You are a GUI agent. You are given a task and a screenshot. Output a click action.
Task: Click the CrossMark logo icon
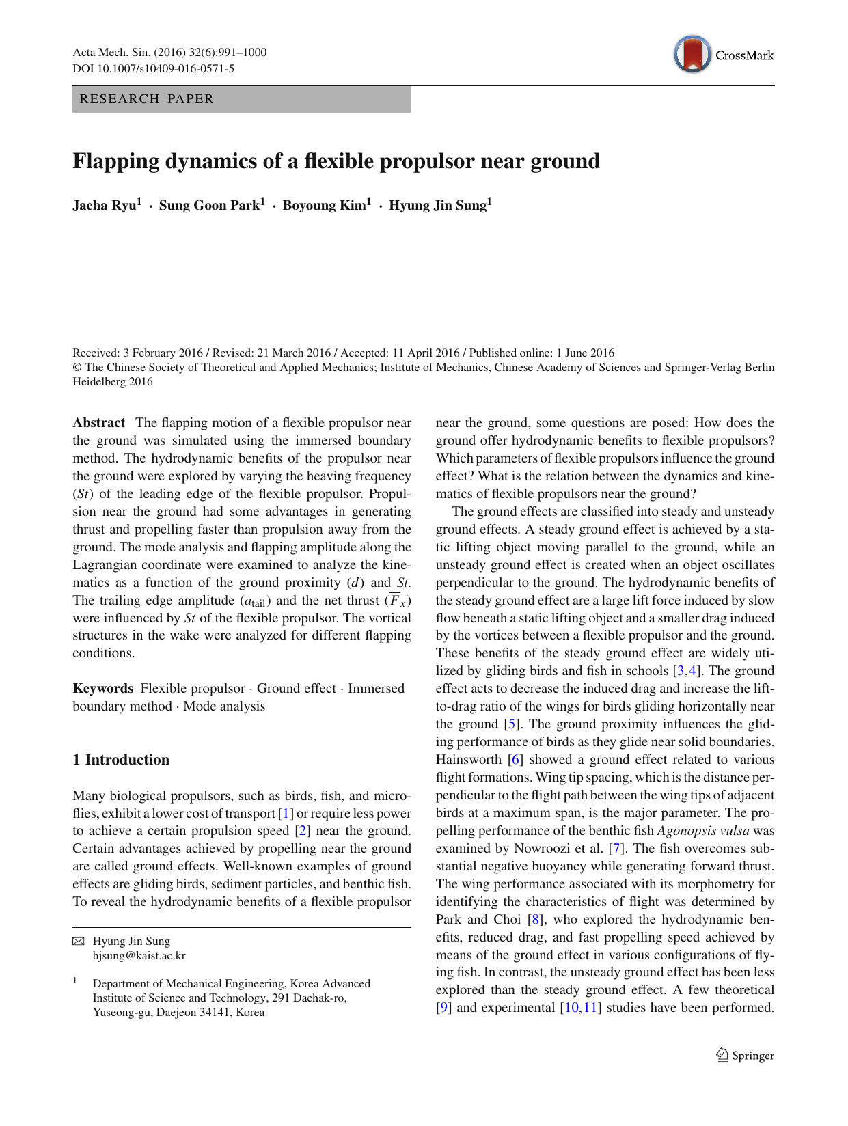[692, 55]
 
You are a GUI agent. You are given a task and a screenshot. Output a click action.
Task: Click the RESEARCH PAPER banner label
[147, 99]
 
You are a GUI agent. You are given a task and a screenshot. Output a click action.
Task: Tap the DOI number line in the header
[153, 68]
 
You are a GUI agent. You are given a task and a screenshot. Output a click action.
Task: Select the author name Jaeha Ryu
[106, 206]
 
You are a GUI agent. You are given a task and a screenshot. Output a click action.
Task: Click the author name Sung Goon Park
[210, 206]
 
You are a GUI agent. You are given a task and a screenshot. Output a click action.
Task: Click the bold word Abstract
[99, 423]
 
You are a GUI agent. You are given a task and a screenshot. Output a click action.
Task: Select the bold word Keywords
[103, 689]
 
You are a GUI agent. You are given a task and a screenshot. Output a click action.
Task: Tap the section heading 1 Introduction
[121, 760]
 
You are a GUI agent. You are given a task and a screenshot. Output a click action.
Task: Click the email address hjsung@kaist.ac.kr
[139, 956]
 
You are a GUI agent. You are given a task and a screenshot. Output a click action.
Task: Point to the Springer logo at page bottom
[745, 1056]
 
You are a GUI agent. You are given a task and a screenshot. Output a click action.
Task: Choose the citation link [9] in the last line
[443, 1008]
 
